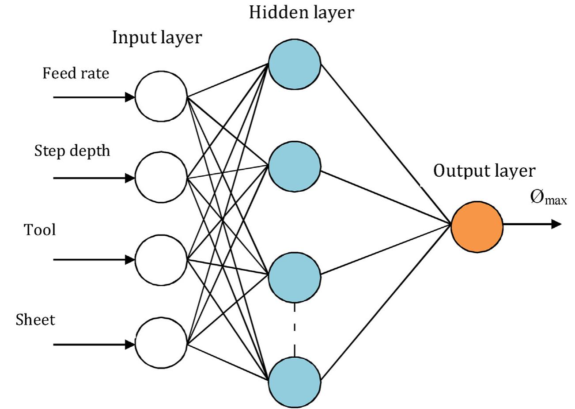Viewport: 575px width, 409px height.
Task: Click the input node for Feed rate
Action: [161, 96]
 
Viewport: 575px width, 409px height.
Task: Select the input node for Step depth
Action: [161, 178]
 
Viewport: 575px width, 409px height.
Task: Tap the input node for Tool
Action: [161, 260]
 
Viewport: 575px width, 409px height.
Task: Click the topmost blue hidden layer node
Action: [295, 63]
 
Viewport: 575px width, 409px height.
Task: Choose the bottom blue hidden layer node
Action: [295, 379]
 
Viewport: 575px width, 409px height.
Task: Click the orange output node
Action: [477, 225]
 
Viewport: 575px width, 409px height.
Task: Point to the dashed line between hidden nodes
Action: [295, 329]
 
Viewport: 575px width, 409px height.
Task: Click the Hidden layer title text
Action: [302, 12]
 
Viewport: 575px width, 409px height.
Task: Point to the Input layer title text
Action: [157, 38]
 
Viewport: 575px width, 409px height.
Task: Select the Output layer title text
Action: [484, 171]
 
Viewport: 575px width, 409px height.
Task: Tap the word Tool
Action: [40, 230]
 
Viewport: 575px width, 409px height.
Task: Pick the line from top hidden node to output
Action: [384, 141]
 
